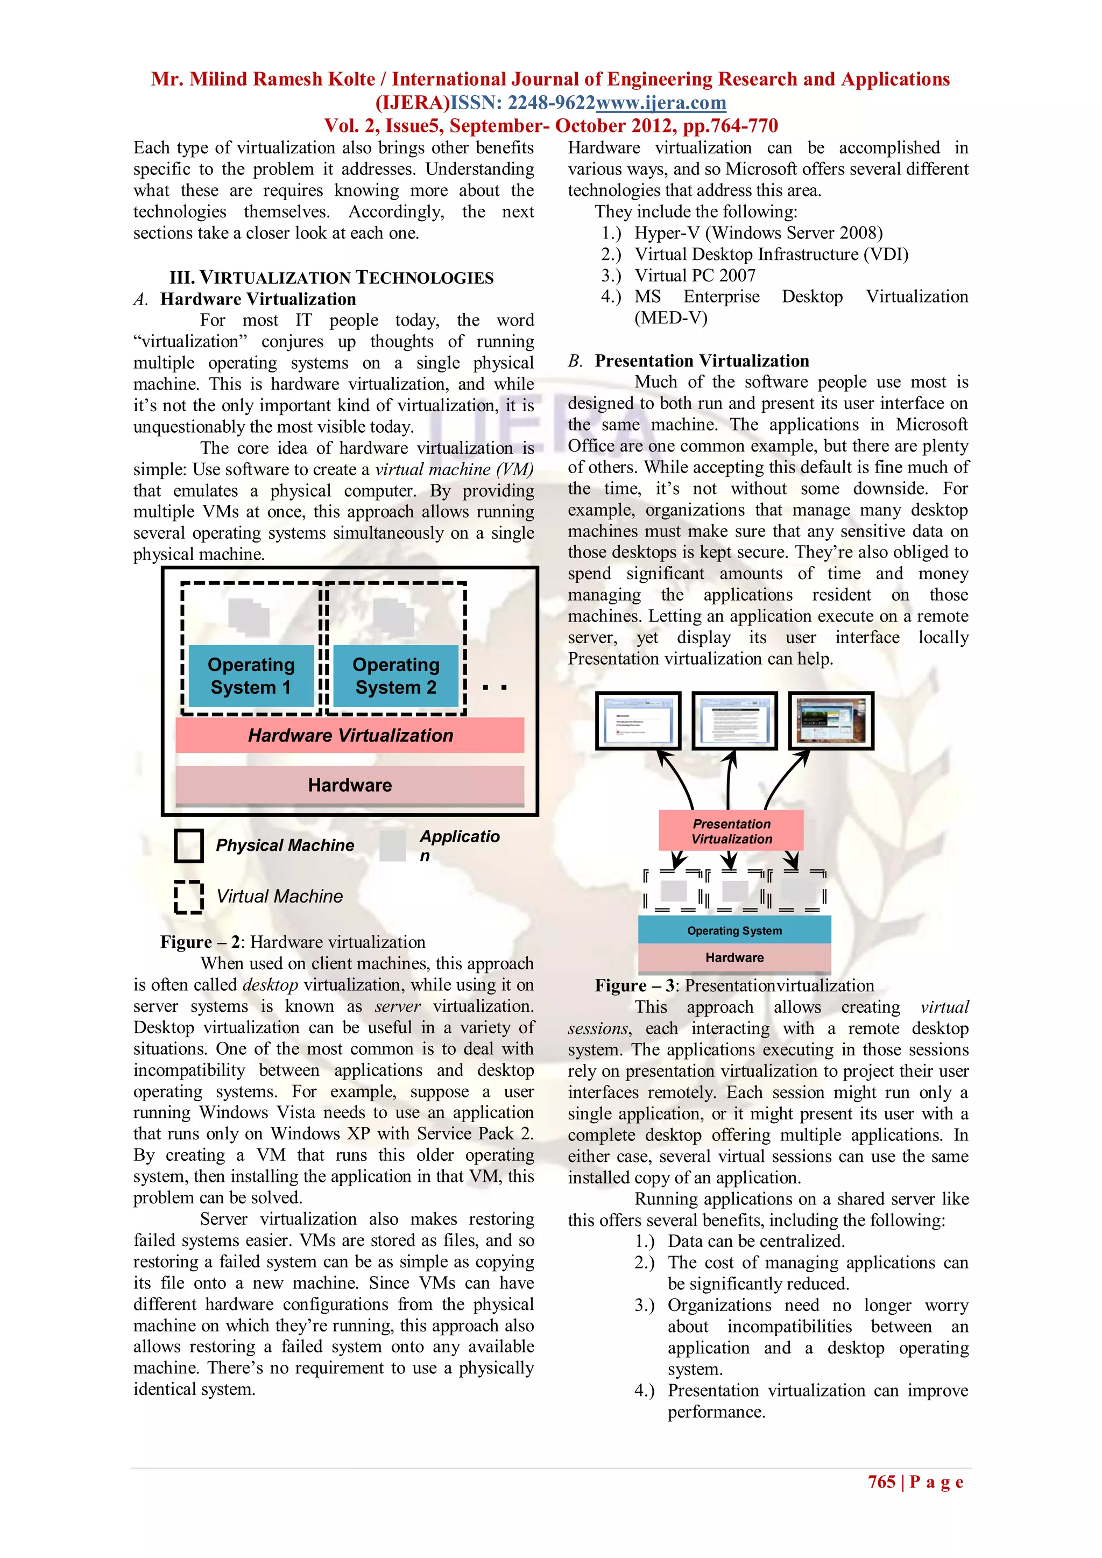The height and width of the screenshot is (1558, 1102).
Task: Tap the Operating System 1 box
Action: [x=251, y=676]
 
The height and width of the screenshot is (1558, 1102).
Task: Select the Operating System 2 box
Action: [x=395, y=676]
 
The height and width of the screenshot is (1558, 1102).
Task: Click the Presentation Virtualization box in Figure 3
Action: [x=731, y=830]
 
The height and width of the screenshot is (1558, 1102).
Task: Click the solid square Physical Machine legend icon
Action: [x=189, y=845]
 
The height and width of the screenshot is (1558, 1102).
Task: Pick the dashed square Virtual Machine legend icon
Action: [x=189, y=897]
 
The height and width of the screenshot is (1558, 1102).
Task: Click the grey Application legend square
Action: [x=392, y=845]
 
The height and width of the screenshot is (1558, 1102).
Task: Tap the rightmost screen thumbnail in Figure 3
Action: [x=831, y=721]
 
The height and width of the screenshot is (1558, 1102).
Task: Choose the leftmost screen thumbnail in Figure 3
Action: [x=638, y=721]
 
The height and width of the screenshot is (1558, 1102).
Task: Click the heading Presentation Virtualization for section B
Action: [x=702, y=361]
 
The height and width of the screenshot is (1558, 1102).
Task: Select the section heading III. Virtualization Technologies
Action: [x=331, y=278]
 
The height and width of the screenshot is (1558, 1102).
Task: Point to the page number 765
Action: [x=881, y=1482]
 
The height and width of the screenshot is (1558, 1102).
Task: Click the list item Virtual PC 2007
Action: [x=695, y=276]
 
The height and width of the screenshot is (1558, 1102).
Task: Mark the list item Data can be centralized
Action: [x=756, y=1241]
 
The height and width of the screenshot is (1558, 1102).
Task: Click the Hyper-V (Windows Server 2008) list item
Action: [x=759, y=232]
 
